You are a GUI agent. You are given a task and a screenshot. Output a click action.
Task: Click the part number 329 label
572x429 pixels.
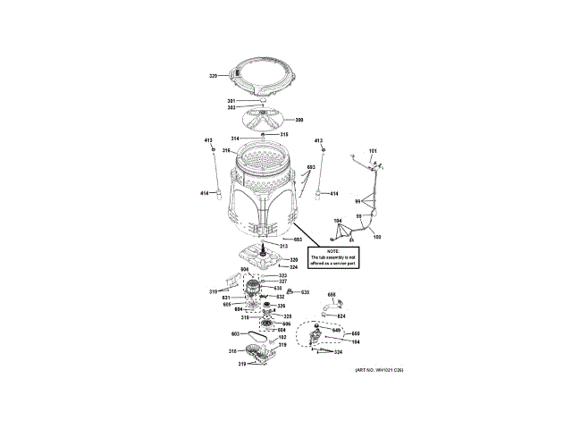coord(214,76)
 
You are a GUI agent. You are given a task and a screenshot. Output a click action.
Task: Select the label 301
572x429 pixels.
coord(231,100)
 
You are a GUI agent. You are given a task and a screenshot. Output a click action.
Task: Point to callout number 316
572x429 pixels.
coord(227,150)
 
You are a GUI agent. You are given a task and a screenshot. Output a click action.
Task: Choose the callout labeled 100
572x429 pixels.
coord(377,236)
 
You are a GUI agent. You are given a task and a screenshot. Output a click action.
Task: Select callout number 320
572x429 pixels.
coord(293,259)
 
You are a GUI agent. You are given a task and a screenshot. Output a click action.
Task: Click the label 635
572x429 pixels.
coord(304,292)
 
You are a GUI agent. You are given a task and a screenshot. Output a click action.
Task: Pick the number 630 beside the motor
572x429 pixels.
coord(278,288)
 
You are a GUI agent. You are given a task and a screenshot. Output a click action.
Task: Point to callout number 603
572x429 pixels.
coord(211,333)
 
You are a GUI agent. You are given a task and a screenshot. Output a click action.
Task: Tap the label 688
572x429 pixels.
coord(331,295)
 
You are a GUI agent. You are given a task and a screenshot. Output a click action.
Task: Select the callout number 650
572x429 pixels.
coord(341,333)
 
